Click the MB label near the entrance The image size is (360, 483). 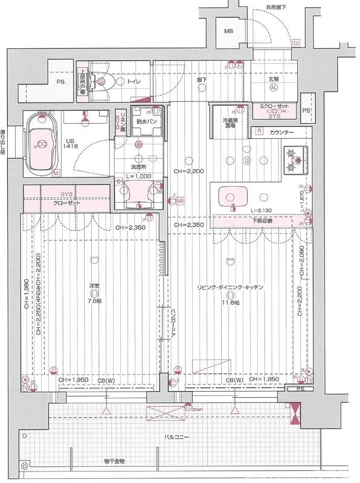tap(229, 31)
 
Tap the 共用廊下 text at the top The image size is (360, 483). tap(278, 7)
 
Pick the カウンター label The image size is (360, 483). tap(281, 132)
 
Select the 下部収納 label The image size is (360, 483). tap(263, 220)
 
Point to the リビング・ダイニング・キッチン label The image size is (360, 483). tap(230, 287)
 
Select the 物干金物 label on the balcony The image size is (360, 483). tap(114, 461)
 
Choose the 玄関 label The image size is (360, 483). tap(274, 79)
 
